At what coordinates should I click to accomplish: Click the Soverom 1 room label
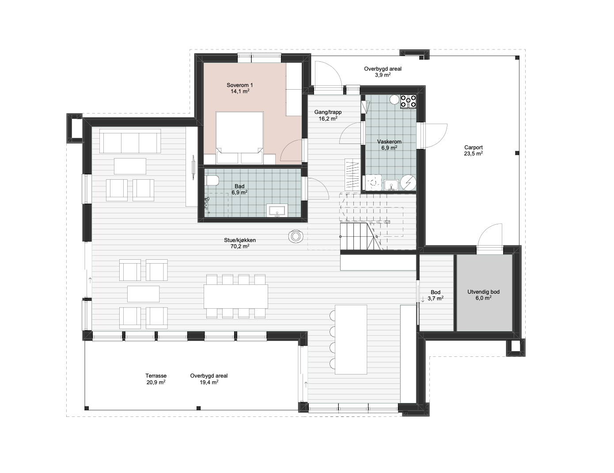[x=239, y=85]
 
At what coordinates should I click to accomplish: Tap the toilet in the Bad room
[x=212, y=181]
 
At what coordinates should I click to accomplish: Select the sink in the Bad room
[x=277, y=211]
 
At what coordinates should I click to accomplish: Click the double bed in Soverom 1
[x=239, y=137]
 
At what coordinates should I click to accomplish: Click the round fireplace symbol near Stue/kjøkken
[x=296, y=236]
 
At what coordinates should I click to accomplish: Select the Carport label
[x=473, y=148]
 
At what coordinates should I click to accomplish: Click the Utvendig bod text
[x=483, y=292]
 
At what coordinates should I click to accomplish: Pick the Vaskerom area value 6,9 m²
[x=389, y=148]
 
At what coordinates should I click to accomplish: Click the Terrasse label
[x=156, y=375]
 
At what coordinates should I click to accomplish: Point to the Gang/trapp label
[x=328, y=112]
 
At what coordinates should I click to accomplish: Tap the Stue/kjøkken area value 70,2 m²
[x=239, y=246]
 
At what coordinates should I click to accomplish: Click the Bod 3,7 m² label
[x=436, y=295]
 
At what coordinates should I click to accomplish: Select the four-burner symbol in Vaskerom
[x=408, y=102]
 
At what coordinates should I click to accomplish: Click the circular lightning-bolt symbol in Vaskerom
[x=408, y=182]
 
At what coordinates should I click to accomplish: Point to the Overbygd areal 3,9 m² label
[x=383, y=72]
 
